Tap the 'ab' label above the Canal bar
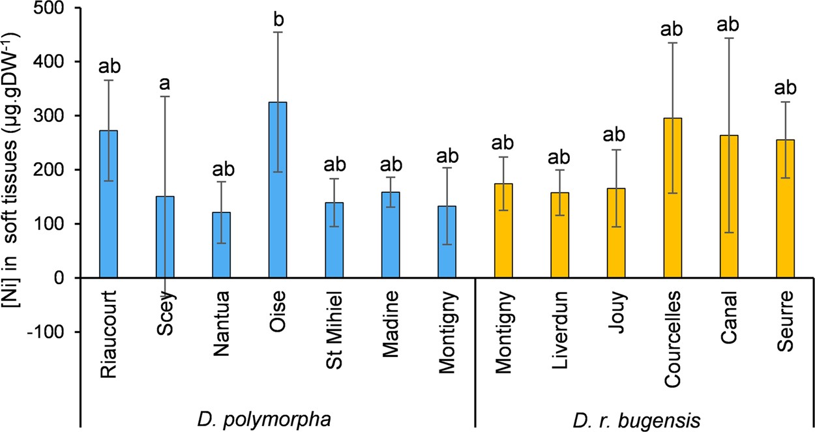[x=728, y=25]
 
